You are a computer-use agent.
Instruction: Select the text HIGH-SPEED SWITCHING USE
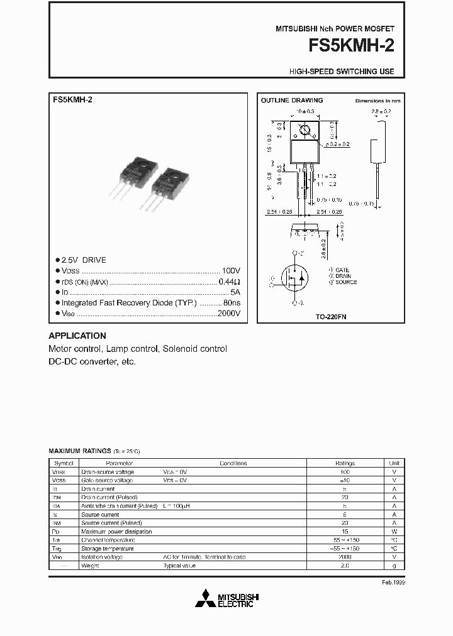point(342,72)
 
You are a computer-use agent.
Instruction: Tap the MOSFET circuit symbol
point(294,278)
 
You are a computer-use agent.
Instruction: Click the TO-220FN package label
point(331,317)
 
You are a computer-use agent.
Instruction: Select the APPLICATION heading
point(77,336)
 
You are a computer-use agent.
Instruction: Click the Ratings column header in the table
point(344,463)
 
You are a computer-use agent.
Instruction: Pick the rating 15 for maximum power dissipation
point(344,531)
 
